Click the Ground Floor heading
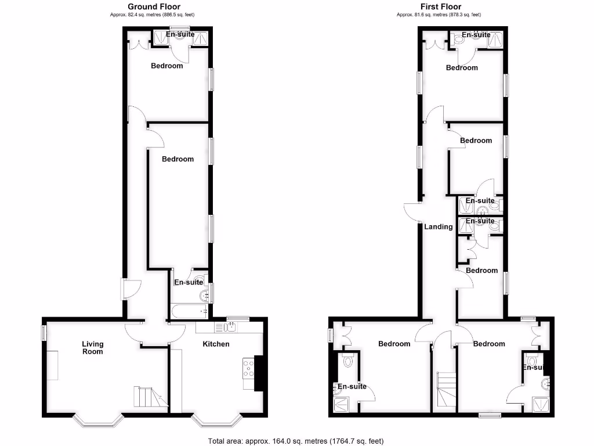[x=154, y=7]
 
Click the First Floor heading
[x=439, y=7]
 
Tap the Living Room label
[x=92, y=348]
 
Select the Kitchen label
[x=216, y=344]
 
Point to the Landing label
[x=438, y=226]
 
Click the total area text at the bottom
[x=296, y=441]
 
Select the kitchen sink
[x=230, y=328]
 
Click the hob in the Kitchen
[x=248, y=367]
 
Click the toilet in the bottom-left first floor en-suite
[x=348, y=361]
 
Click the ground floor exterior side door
[x=124, y=288]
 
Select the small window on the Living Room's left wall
[x=44, y=333]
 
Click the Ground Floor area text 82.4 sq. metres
[x=154, y=15]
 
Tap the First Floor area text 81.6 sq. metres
[x=439, y=15]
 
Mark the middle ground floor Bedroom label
[x=178, y=159]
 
